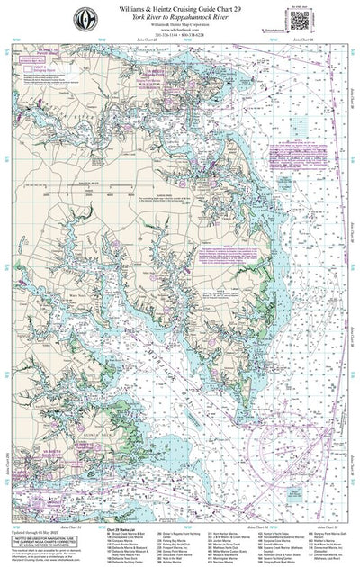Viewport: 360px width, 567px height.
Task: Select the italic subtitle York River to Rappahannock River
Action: point(180,17)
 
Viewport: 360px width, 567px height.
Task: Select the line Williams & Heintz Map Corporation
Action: point(180,25)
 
